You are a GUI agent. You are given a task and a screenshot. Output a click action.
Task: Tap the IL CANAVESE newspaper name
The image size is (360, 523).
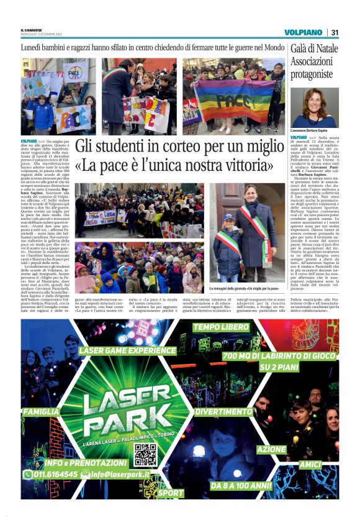tap(32, 29)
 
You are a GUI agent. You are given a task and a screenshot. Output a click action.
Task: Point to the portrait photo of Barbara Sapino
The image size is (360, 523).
tap(315, 107)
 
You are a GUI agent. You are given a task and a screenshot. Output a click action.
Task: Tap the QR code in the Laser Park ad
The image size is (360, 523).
tap(146, 455)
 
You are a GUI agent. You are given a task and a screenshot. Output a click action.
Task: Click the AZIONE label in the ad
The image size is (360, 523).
tap(272, 448)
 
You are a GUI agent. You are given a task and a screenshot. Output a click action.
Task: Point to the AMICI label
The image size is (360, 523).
tap(308, 464)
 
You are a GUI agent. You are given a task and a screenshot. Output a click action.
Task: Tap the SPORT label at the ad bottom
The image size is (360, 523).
tap(170, 493)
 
